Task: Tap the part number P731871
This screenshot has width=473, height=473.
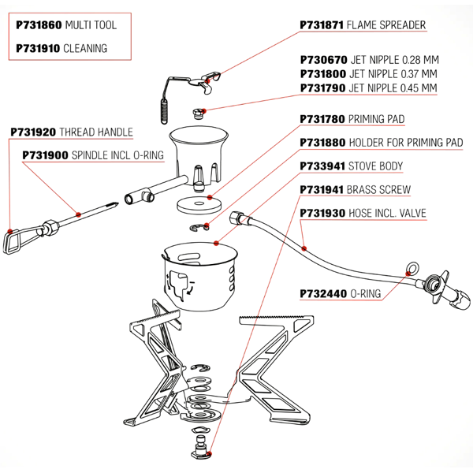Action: coord(322,25)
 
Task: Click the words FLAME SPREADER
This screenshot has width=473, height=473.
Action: coord(386,25)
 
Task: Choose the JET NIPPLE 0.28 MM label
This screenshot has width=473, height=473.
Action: coord(392,60)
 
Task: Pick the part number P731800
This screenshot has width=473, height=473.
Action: coord(322,74)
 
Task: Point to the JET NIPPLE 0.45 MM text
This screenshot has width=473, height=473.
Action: coord(392,88)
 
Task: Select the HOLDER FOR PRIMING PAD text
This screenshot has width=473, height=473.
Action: coord(405,143)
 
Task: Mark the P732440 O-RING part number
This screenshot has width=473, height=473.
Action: coord(322,293)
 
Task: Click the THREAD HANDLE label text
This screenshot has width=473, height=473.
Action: coord(96,132)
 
